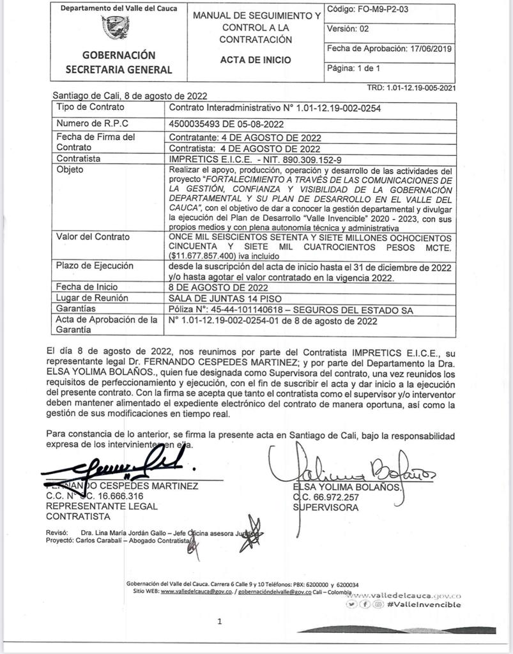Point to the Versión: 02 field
pyautogui.click(x=348, y=29)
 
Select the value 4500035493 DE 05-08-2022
pyautogui.click(x=226, y=124)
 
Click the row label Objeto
pyautogui.click(x=70, y=170)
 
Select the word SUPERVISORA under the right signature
pyautogui.click(x=326, y=508)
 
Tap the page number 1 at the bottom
pyautogui.click(x=219, y=620)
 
